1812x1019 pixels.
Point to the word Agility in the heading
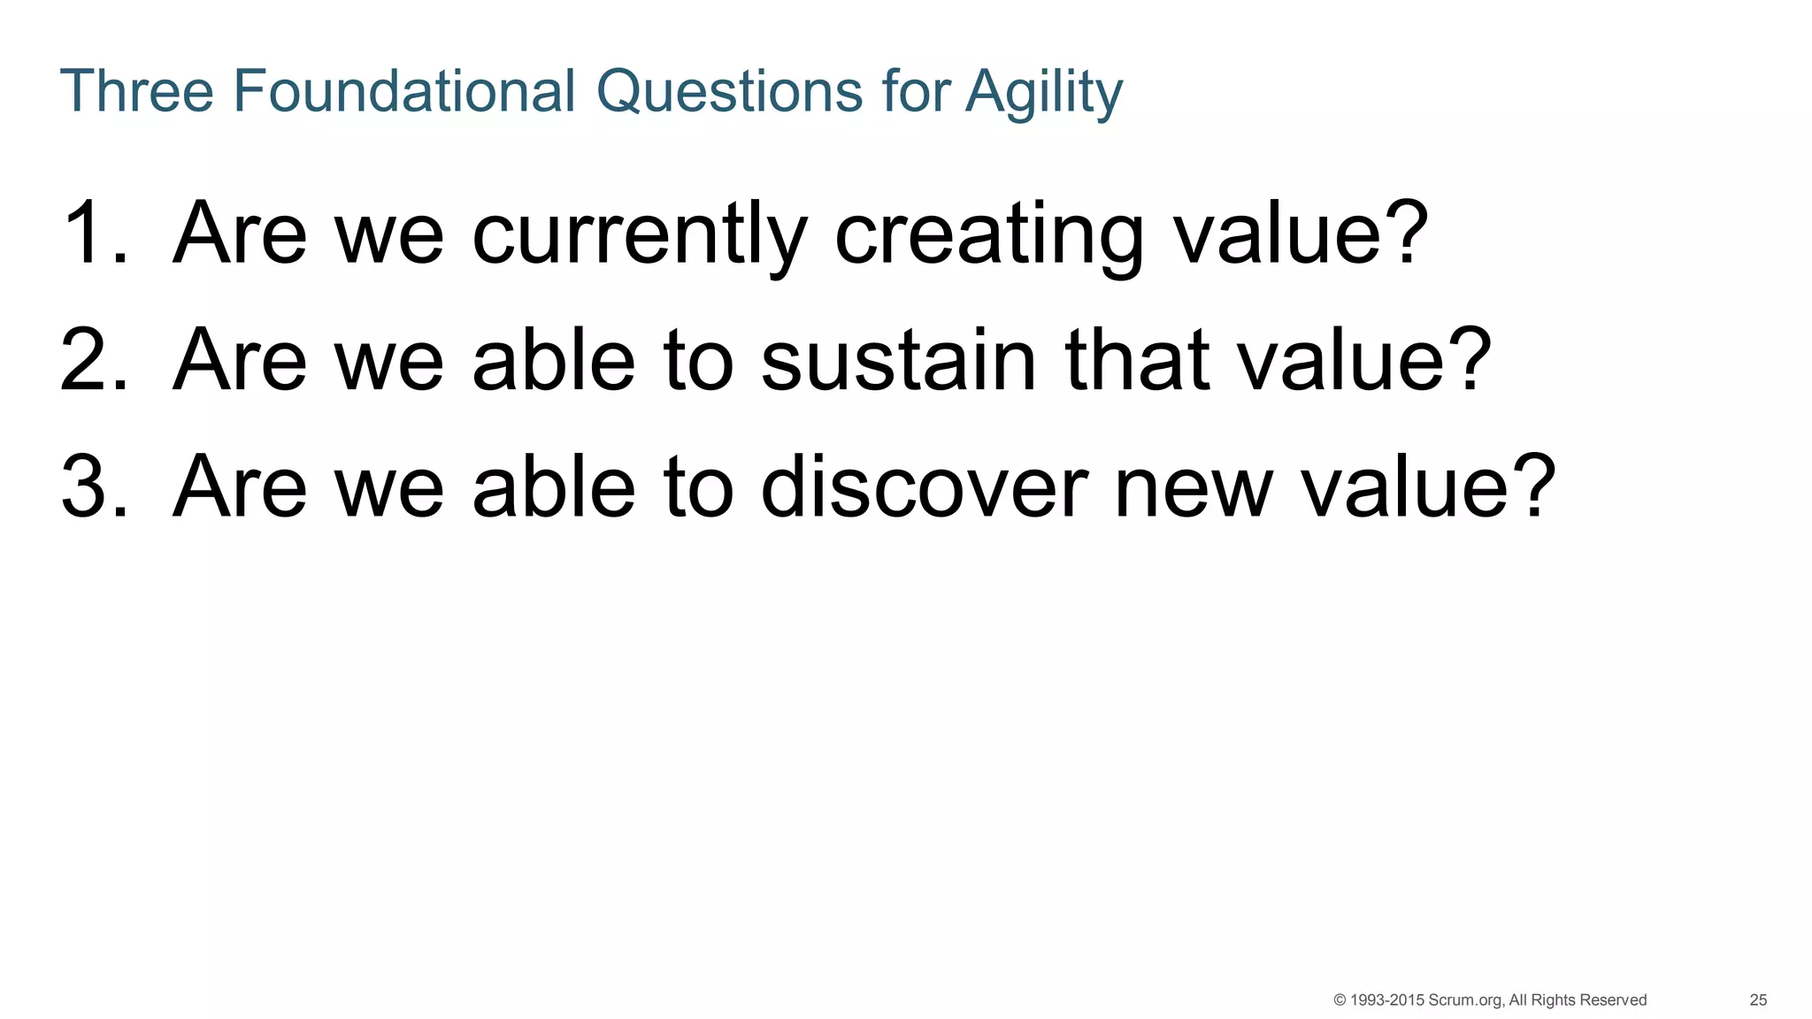1044,92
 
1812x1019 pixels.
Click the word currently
640,234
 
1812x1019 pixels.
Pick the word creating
988,234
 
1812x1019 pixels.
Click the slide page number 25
1758,1000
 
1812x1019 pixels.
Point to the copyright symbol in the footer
1340,1000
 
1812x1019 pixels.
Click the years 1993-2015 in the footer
1387,1000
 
